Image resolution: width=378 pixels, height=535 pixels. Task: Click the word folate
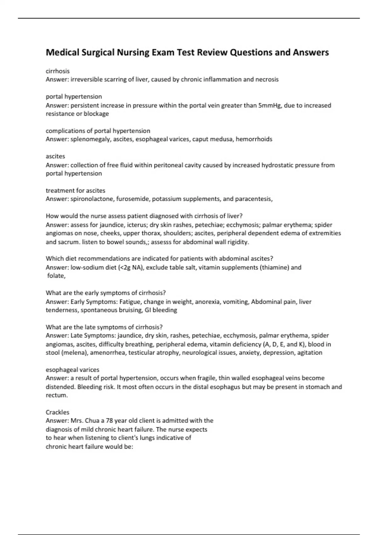pyautogui.click(x=56, y=276)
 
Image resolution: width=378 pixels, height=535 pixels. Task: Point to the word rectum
pyautogui.click(x=56, y=395)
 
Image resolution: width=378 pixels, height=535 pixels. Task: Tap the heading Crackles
pyautogui.click(x=57, y=412)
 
